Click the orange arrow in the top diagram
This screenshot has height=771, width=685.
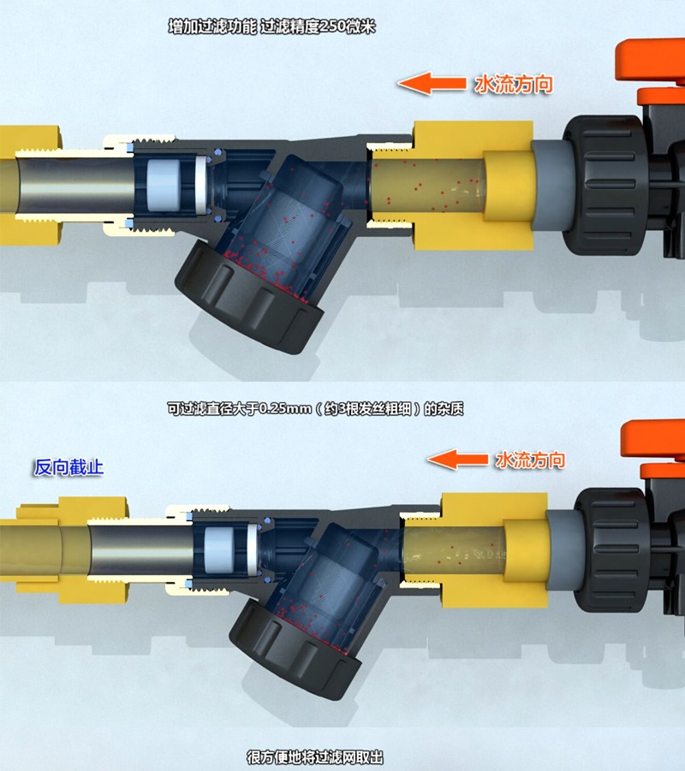432,83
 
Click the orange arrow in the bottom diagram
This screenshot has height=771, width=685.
457,460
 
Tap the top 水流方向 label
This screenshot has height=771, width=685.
514,84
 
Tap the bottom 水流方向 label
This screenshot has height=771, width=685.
530,460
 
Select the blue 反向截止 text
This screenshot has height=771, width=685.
68,466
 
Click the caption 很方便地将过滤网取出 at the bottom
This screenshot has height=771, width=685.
315,757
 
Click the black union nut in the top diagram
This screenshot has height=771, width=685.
605,185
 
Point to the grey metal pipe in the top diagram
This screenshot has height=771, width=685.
74,184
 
